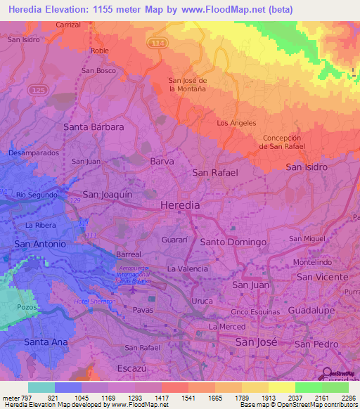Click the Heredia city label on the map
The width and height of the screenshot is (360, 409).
(x=180, y=204)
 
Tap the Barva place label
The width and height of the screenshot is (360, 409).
(x=162, y=161)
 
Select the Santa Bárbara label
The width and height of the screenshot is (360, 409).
(x=94, y=127)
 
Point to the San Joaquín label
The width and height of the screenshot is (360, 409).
(x=108, y=194)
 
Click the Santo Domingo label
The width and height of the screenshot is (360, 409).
(x=233, y=242)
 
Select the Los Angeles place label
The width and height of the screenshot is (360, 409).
(x=236, y=123)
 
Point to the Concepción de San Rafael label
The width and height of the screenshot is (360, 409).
(x=282, y=142)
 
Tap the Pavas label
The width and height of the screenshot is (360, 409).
(x=142, y=309)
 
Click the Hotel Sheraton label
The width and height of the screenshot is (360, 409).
(x=96, y=301)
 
